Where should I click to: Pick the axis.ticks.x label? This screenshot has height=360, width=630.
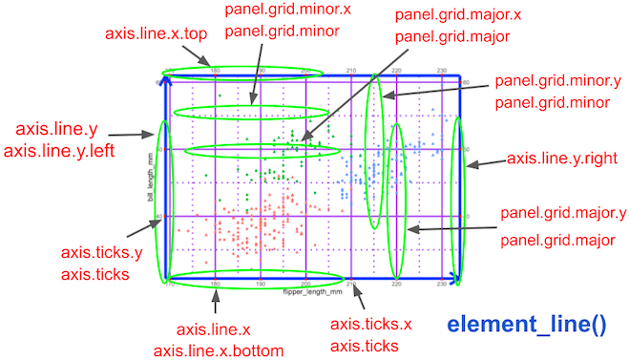369,326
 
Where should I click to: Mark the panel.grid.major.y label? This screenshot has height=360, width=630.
563,212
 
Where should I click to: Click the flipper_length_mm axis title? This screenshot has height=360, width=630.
311,290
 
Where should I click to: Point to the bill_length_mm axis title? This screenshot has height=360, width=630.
150,178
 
